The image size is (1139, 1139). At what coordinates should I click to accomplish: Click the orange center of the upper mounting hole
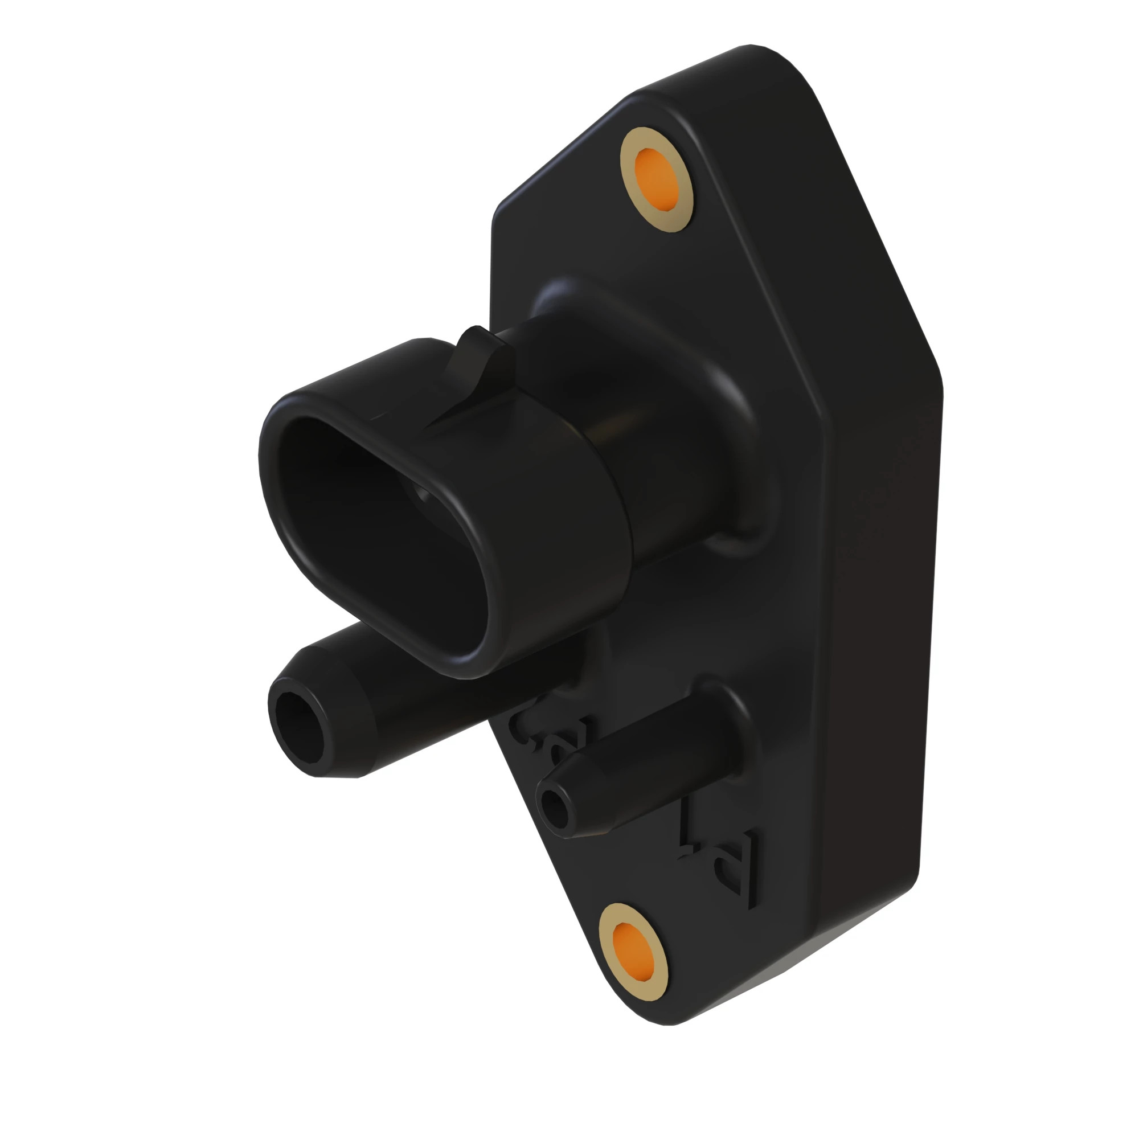(x=656, y=179)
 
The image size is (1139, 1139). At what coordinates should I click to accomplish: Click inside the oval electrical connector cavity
(x=378, y=531)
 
